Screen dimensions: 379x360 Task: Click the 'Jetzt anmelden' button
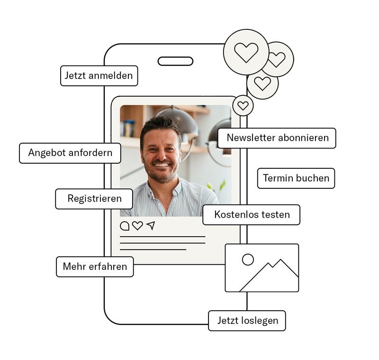point(99,76)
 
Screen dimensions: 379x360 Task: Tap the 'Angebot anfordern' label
point(70,153)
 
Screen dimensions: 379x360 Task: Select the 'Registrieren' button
point(94,199)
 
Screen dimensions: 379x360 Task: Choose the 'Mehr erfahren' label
point(95,267)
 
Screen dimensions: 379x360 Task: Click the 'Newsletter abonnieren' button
point(277,138)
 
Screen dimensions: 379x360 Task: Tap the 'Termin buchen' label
point(296,178)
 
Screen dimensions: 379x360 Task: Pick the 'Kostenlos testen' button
point(252,214)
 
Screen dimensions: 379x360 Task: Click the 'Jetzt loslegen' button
point(247,321)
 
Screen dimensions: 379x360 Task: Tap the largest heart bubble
point(246,52)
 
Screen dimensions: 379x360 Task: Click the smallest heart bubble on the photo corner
point(243,106)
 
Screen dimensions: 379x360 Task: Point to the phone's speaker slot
point(175,61)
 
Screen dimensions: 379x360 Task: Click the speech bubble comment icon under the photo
point(125,226)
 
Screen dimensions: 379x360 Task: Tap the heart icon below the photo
point(137,226)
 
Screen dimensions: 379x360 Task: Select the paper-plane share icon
point(151,225)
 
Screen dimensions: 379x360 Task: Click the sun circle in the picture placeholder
point(248,259)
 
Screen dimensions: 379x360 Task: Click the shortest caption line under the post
point(153,249)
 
